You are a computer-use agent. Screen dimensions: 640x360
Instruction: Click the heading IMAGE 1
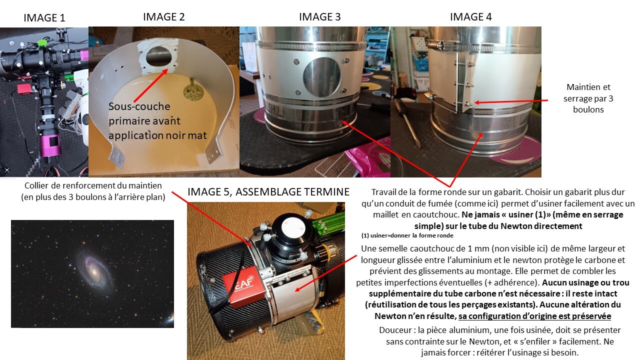(x=44, y=17)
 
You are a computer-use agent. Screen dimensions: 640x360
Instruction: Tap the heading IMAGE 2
(x=163, y=17)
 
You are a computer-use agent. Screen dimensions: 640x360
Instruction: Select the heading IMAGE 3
(x=319, y=17)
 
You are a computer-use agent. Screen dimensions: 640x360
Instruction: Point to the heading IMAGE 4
(x=471, y=17)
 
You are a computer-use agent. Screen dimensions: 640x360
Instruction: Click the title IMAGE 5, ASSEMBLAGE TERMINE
(x=268, y=191)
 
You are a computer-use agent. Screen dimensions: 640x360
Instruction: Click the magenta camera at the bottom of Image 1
(x=51, y=145)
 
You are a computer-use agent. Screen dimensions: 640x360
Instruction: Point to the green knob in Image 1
(x=42, y=43)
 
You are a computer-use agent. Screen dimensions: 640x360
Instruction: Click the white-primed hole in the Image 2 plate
(x=159, y=56)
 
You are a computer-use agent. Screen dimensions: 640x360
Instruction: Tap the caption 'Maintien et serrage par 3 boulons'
(x=588, y=98)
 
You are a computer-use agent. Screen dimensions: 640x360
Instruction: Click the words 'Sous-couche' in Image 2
(x=139, y=106)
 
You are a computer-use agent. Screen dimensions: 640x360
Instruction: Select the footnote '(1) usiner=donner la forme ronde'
(x=407, y=235)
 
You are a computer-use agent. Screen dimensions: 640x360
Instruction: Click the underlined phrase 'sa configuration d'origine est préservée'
(x=535, y=316)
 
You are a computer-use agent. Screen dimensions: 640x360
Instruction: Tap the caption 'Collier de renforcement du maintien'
(x=93, y=185)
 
